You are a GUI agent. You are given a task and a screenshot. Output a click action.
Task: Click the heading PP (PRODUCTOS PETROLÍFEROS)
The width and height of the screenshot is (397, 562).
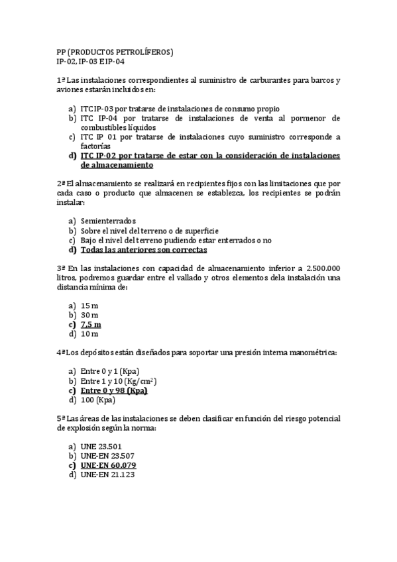coord(114,52)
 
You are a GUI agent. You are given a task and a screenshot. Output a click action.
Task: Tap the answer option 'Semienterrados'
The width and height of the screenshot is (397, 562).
coord(108,221)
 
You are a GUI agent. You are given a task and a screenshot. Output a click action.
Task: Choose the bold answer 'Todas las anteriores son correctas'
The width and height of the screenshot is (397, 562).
coord(144,251)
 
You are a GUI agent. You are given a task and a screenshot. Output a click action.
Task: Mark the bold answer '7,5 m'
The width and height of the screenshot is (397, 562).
coord(91,325)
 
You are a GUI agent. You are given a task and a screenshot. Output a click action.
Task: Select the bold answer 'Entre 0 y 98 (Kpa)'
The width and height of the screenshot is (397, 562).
coord(114,391)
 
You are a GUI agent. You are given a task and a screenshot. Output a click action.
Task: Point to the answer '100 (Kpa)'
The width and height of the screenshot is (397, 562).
coord(98,400)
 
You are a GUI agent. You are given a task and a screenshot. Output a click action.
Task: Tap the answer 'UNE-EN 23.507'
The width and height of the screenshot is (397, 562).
coord(107,456)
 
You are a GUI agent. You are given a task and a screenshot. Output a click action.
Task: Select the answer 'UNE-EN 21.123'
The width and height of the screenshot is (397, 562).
coord(107,475)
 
